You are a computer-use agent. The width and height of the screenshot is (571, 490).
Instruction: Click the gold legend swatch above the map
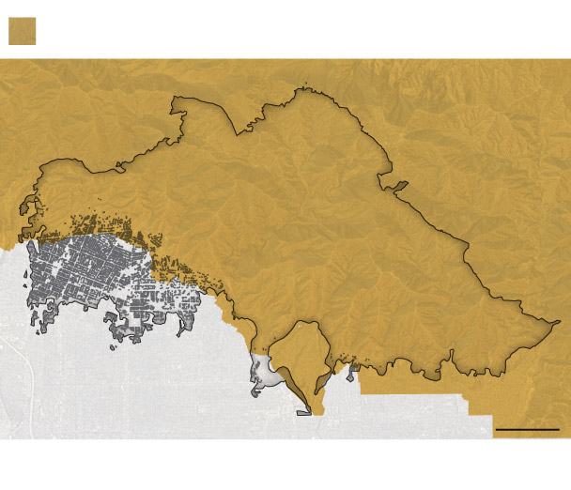pyautogui.click(x=22, y=31)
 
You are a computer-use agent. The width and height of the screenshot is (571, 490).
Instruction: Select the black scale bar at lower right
pyautogui.click(x=526, y=429)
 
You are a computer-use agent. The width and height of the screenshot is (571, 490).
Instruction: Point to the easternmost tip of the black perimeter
pyautogui.click(x=560, y=322)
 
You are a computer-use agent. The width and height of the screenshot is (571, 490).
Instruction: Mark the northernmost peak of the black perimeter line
pyautogui.click(x=302, y=90)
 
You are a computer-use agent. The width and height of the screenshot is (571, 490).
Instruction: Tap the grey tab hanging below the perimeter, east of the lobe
pyautogui.click(x=351, y=375)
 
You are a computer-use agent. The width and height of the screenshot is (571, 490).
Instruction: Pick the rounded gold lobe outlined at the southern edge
pyautogui.click(x=303, y=352)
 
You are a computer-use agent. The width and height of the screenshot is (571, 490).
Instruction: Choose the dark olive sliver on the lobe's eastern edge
pyautogui.click(x=322, y=380)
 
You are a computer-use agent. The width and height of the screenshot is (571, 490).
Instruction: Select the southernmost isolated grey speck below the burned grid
pyautogui.click(x=115, y=348)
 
